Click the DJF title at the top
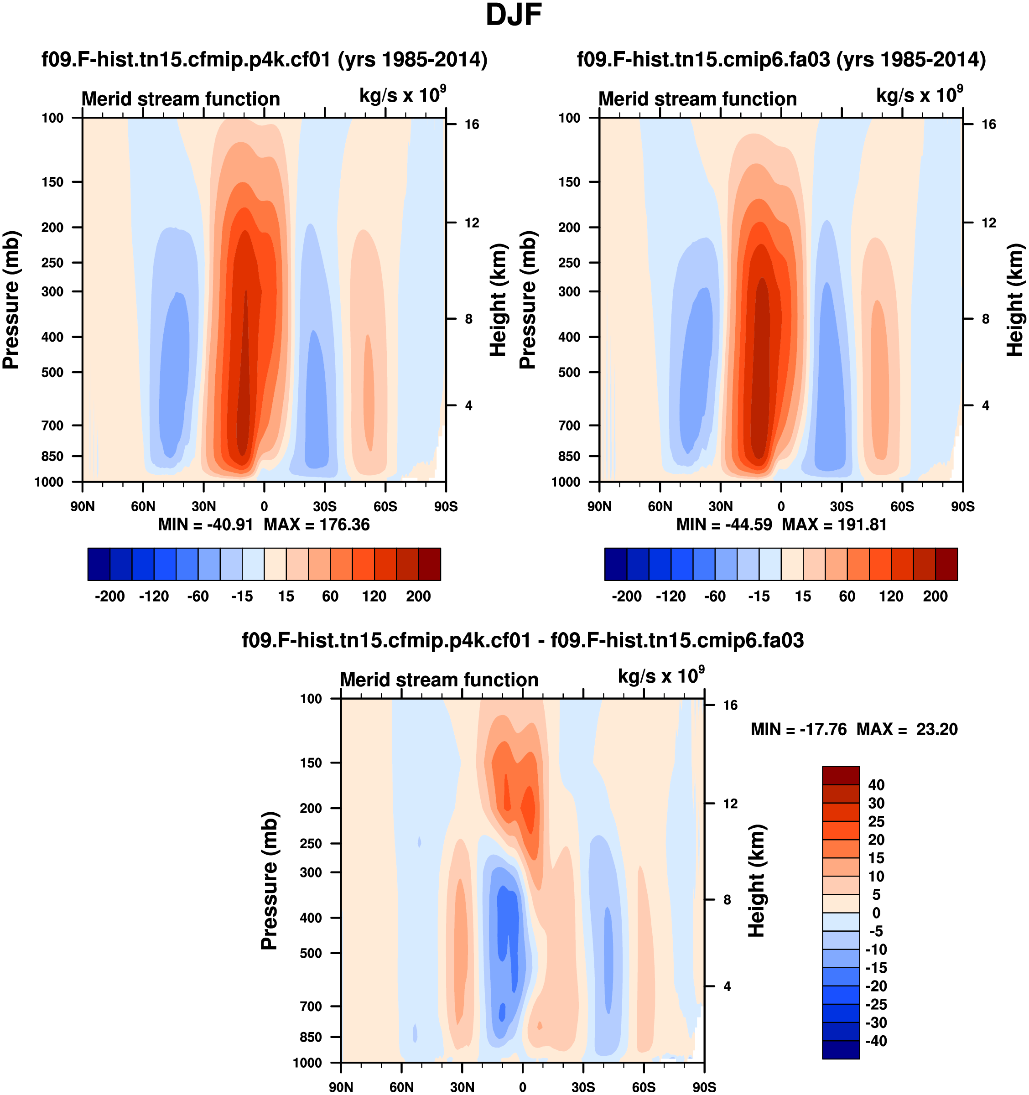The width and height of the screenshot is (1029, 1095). [514, 16]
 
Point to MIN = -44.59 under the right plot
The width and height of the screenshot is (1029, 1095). [724, 524]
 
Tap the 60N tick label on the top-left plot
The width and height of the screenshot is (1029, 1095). [143, 506]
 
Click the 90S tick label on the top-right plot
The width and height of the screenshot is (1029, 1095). [962, 506]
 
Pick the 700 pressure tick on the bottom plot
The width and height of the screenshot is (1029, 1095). [311, 1007]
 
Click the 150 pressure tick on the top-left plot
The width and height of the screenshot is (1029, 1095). [52, 182]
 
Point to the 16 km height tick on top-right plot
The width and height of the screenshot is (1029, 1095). [989, 125]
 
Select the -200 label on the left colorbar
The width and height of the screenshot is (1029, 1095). [109, 596]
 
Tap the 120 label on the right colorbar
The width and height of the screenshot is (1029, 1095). [891, 596]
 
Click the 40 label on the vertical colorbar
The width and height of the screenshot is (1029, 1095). [876, 785]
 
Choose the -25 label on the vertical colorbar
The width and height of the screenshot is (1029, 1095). [876, 1004]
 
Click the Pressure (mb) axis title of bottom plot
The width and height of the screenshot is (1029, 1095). [269, 881]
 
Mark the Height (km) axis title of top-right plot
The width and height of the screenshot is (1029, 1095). [1015, 300]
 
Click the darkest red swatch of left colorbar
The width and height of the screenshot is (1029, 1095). [430, 564]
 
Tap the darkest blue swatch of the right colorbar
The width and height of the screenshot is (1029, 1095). [616, 564]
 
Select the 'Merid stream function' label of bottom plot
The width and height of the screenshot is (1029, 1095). [439, 680]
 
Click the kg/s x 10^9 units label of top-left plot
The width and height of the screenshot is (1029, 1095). [402, 95]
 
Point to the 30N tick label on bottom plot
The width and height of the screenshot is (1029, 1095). [462, 1087]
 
